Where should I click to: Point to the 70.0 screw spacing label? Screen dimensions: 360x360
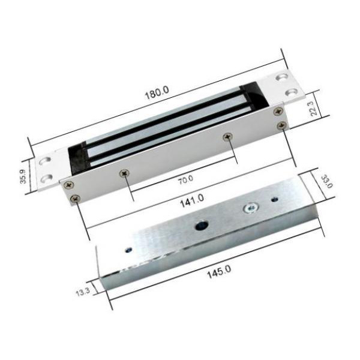185,178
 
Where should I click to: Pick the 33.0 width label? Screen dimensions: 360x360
327,182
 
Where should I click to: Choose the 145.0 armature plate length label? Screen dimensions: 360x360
220,272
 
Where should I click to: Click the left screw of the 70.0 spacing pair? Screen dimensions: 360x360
125,173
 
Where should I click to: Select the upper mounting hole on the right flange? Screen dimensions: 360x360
281,78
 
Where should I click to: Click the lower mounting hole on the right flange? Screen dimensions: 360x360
292,92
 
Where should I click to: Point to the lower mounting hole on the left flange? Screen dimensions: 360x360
47,177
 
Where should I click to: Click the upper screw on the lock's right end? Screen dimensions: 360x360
277,112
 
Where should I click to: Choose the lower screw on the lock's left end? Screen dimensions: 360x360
74,199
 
